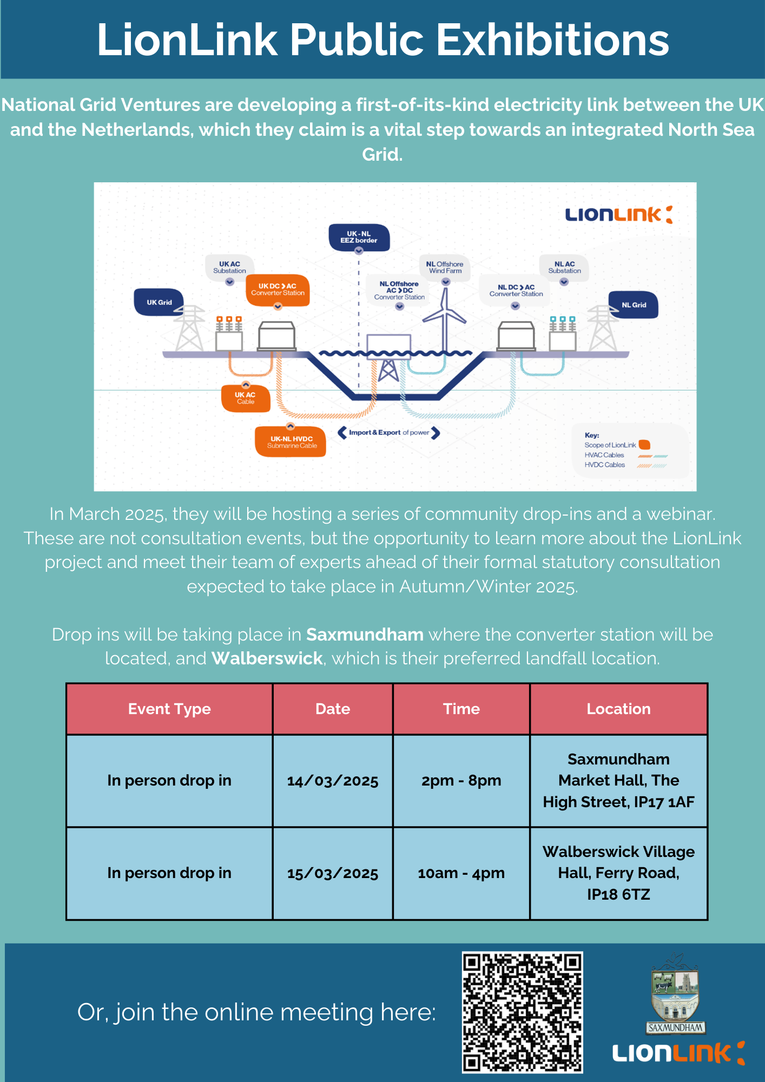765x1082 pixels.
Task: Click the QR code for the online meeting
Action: [522, 1012]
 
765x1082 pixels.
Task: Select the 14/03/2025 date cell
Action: [333, 781]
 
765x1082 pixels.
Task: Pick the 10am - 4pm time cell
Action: [461, 873]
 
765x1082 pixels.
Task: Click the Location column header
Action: [619, 709]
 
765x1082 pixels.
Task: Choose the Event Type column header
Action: [169, 709]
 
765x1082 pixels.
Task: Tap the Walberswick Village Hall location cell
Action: [619, 873]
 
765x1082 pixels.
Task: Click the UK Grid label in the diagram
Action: [159, 302]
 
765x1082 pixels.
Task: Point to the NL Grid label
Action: [634, 305]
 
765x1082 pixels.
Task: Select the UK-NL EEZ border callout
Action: [359, 237]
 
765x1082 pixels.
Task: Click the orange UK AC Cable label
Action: [246, 398]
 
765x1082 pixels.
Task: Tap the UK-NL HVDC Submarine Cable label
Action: [291, 442]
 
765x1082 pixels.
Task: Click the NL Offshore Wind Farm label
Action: [446, 267]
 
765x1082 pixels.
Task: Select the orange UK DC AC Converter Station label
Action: [278, 290]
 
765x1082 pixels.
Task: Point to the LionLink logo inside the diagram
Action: [619, 215]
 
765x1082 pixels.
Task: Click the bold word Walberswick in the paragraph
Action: [267, 658]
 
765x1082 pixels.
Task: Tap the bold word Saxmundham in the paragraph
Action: [365, 634]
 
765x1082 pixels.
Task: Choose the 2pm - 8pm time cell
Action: [461, 781]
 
